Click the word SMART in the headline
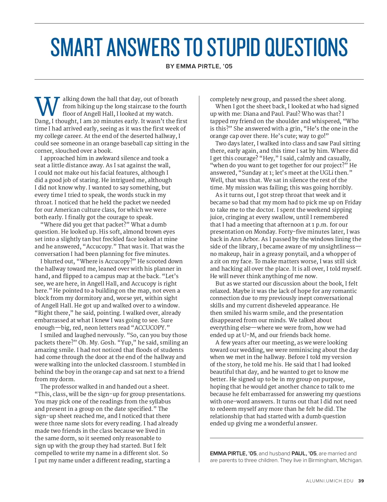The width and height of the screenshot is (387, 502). coord(76,47)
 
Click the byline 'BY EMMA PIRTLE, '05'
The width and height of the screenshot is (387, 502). coord(199,66)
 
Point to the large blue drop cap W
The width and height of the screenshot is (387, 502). coord(47,106)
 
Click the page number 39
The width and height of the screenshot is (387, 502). coord(361,481)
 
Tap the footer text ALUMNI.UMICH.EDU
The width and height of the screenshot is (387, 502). coord(330,481)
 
